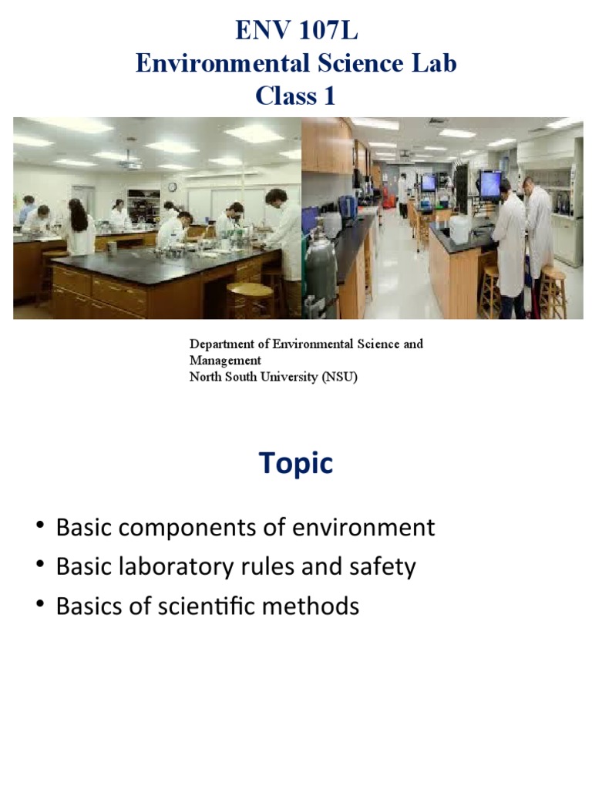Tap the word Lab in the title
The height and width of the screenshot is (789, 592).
435,64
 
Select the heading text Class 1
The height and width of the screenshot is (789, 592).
296,96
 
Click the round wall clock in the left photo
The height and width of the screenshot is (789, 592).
173,187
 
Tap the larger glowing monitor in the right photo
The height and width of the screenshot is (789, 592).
490,183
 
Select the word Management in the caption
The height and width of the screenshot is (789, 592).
225,360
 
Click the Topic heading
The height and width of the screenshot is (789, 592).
296,463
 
